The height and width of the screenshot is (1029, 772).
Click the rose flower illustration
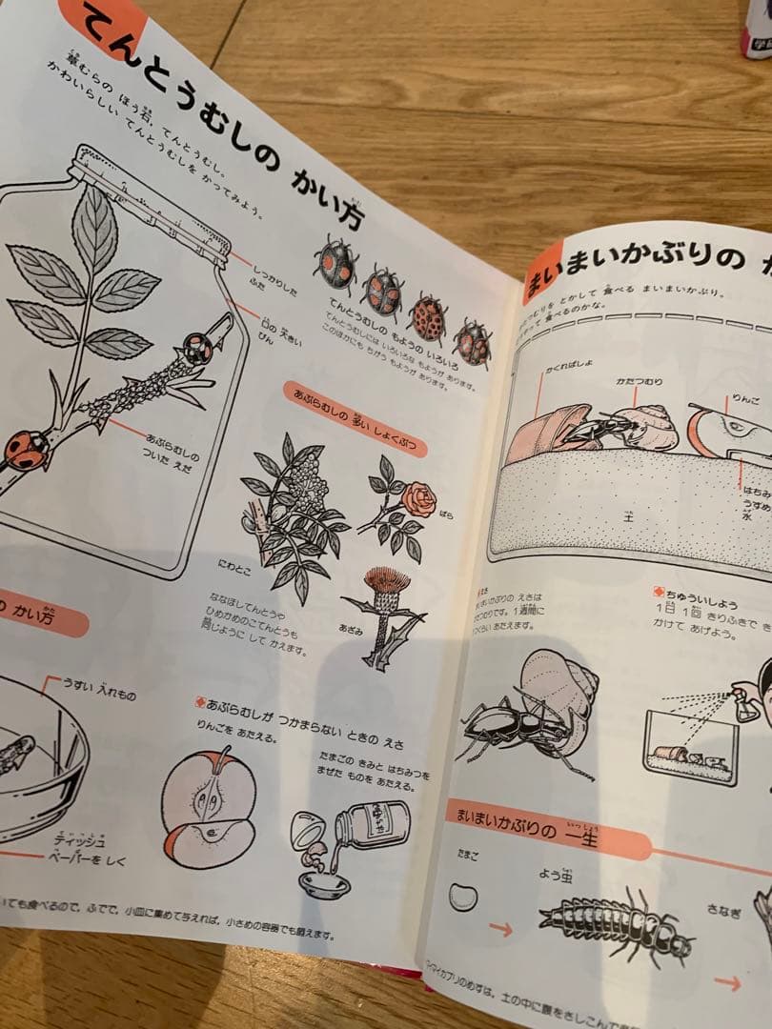(x=417, y=498)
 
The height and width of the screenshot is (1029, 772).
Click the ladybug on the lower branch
(x=27, y=449)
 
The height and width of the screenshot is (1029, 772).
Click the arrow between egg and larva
(x=499, y=928)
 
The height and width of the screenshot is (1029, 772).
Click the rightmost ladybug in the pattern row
(x=472, y=341)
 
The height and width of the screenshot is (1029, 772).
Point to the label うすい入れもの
(x=100, y=683)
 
